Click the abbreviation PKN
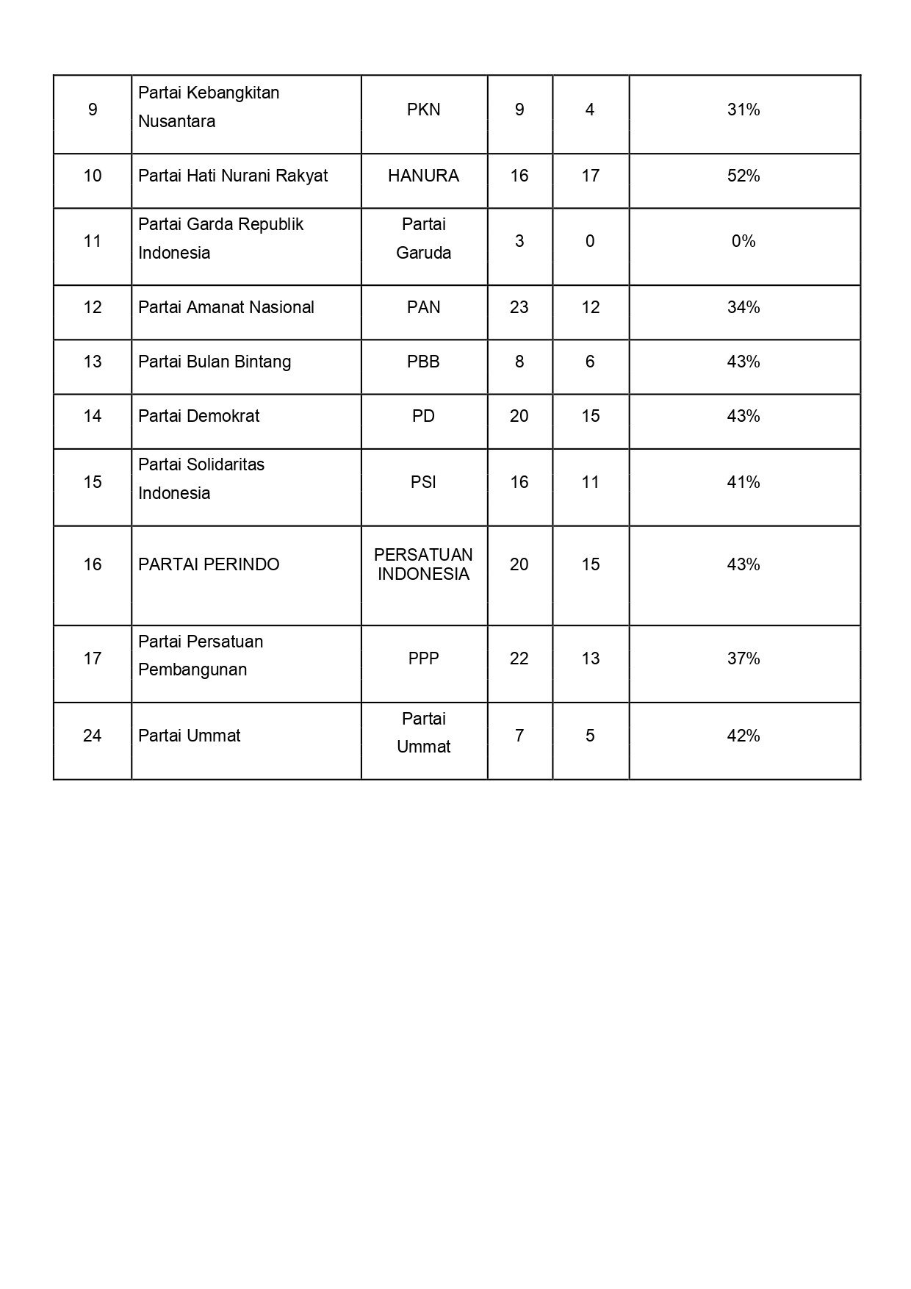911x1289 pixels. [x=423, y=110]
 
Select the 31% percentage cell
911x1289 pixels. [x=743, y=110]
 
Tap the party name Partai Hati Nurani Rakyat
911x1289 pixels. [x=233, y=176]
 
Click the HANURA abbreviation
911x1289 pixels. [x=423, y=176]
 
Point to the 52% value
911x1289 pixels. [x=743, y=176]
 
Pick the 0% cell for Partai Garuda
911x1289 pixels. [x=743, y=242]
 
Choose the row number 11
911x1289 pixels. [x=93, y=242]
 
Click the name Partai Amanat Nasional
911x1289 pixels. [x=226, y=308]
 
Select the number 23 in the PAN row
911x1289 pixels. [x=519, y=308]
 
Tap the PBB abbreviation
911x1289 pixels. [x=423, y=362]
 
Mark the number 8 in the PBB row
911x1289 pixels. [x=519, y=362]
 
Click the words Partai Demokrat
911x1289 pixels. [x=198, y=417]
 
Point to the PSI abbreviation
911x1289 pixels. [x=423, y=483]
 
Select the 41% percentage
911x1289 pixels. [x=743, y=483]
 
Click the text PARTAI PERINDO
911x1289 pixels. [x=209, y=565]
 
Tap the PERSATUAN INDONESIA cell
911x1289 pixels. [x=423, y=565]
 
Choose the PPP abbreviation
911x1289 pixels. [x=423, y=659]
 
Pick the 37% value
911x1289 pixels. [x=743, y=659]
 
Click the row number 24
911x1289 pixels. [x=93, y=736]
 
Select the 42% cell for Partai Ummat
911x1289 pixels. [x=743, y=736]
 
